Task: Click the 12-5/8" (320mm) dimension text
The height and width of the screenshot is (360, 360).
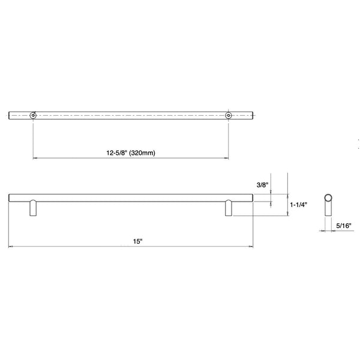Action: pyautogui.click(x=131, y=152)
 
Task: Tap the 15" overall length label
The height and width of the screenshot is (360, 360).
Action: pyautogui.click(x=138, y=241)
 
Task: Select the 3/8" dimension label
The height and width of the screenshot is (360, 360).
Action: pyautogui.click(x=262, y=185)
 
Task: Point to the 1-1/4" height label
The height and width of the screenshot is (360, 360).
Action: pyautogui.click(x=298, y=205)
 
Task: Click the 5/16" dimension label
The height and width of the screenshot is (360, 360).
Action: pyautogui.click(x=344, y=226)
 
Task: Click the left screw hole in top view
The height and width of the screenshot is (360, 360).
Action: pyautogui.click(x=33, y=115)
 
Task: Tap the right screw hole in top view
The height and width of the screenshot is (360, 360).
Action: pyautogui.click(x=228, y=115)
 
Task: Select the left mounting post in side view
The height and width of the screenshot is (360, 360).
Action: pyautogui.click(x=33, y=208)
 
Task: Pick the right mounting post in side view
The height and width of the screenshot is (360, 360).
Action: pyautogui.click(x=229, y=208)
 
